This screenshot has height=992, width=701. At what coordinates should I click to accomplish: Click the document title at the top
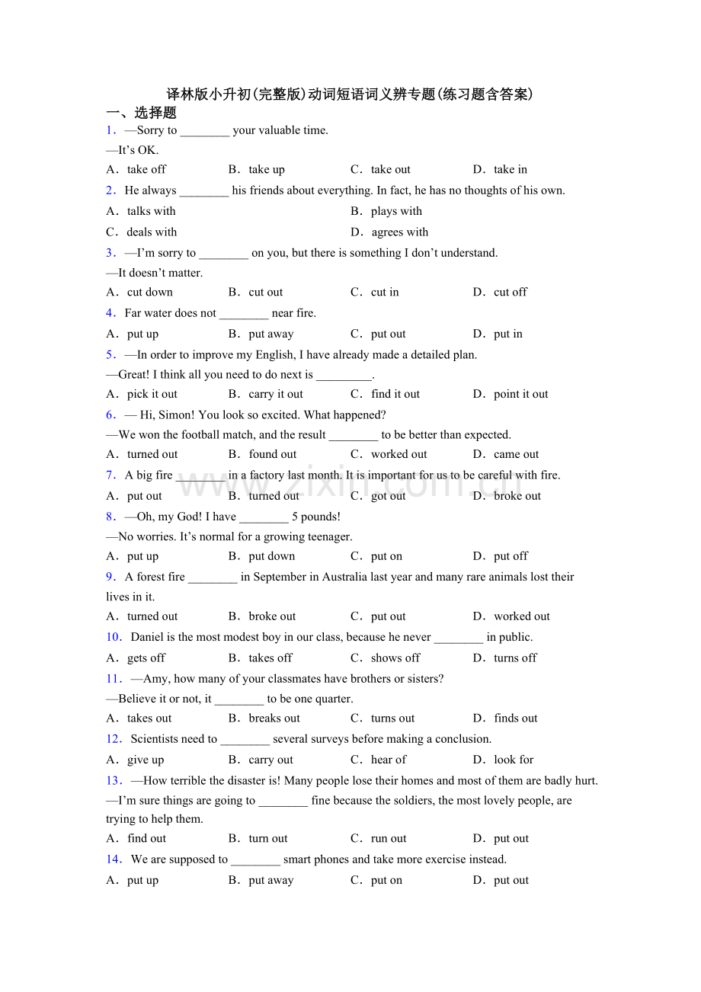pos(350,94)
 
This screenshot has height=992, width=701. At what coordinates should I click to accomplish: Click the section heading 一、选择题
pos(141,113)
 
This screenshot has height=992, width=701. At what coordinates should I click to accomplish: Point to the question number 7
pos(110,475)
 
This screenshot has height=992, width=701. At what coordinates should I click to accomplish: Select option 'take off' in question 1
pos(146,169)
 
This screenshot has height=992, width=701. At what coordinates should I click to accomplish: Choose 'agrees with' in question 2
pos(399,232)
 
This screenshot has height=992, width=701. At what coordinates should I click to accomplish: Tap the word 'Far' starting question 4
pos(134,312)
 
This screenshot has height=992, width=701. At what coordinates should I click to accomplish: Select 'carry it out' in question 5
pos(276,394)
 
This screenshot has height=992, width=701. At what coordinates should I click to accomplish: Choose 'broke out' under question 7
pos(517,495)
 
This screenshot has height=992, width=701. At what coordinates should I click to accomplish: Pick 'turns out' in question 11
pos(392,718)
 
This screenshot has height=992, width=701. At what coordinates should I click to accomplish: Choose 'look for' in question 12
pos(514,759)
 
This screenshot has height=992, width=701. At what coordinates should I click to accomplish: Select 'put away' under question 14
pos(271,880)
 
